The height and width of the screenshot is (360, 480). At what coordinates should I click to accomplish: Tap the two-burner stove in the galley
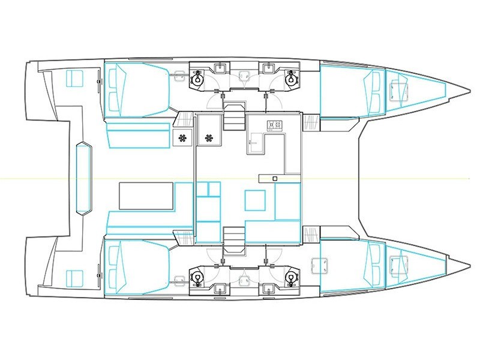coord(274,125)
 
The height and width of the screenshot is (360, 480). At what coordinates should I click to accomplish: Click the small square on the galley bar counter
coord(274,179)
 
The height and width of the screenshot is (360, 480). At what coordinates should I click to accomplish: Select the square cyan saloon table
coord(254,200)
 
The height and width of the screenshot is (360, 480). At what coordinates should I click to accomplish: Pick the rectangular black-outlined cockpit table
coord(146,196)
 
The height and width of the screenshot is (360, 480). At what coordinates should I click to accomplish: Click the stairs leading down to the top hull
coord(234,121)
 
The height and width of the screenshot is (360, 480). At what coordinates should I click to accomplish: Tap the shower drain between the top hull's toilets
coord(244,76)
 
